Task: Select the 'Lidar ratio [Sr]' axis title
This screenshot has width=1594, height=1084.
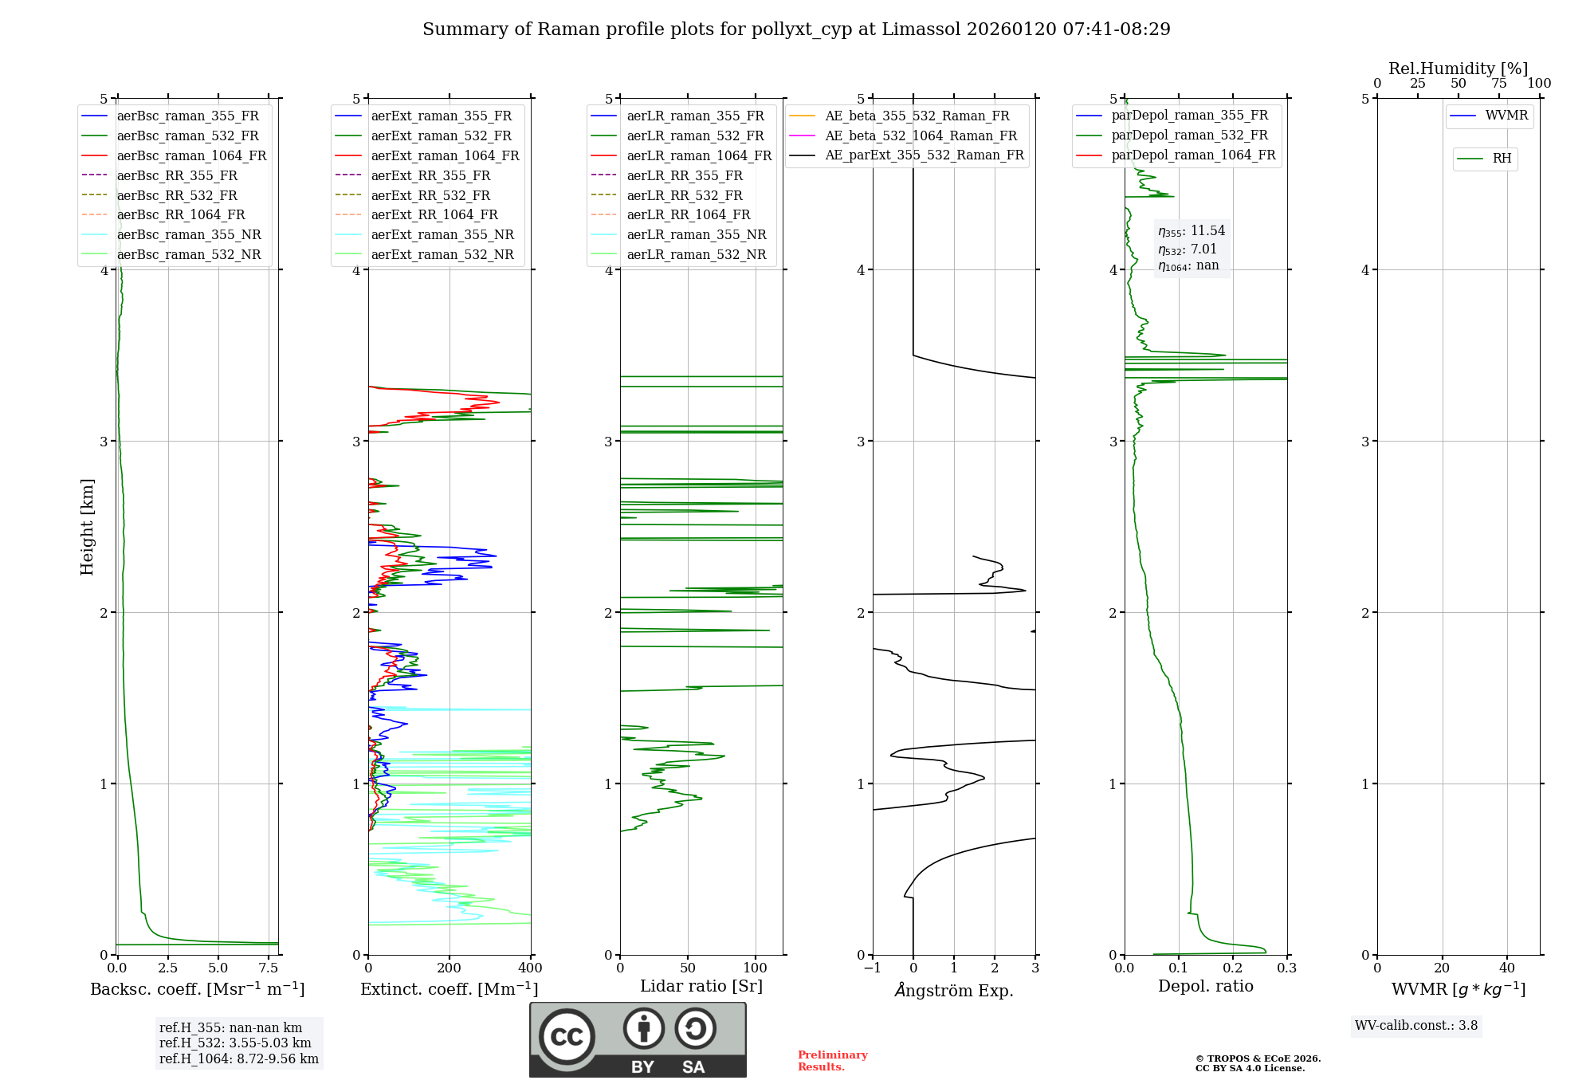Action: (701, 986)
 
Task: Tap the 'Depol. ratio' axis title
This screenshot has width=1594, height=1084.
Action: (1205, 986)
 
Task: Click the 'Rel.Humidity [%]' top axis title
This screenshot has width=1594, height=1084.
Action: (1458, 69)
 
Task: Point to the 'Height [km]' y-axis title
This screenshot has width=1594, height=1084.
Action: (88, 527)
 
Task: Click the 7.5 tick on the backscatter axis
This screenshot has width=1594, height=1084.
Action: (269, 968)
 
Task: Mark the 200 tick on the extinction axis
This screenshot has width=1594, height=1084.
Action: (450, 968)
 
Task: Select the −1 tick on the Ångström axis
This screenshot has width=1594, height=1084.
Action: (872, 968)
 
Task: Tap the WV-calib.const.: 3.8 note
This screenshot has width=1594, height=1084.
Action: (1415, 1026)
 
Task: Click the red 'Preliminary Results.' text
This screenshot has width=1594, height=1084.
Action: (832, 1061)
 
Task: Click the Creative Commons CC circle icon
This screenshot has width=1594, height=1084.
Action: (567, 1037)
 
